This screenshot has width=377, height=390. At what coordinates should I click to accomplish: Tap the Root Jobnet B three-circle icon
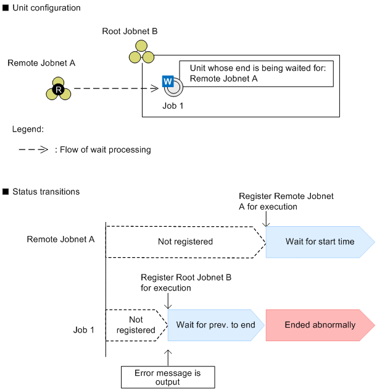pyautogui.click(x=141, y=52)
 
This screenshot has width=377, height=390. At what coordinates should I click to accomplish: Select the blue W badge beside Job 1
pyautogui.click(x=167, y=80)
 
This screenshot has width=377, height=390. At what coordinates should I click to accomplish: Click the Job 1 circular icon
pyautogui.click(x=173, y=88)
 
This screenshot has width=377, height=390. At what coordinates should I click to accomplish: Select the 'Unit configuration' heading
pyautogui.click(x=46, y=8)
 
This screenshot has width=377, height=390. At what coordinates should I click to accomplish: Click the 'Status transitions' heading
pyautogui.click(x=46, y=192)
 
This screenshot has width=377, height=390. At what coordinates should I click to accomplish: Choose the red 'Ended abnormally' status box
pyautogui.click(x=320, y=324)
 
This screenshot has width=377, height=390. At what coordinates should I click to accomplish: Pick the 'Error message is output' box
pyautogui.click(x=167, y=376)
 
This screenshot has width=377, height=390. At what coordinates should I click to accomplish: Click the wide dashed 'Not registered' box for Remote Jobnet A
pyautogui.click(x=185, y=242)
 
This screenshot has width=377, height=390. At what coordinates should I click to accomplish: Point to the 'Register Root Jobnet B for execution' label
pyautogui.click(x=186, y=283)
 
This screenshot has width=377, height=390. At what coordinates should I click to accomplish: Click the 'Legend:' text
pyautogui.click(x=28, y=130)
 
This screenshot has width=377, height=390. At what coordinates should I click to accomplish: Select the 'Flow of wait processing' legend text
pyautogui.click(x=105, y=150)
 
